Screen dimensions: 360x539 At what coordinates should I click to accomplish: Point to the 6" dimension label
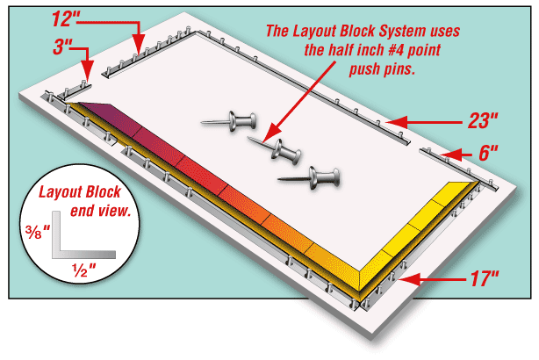tap(487, 151)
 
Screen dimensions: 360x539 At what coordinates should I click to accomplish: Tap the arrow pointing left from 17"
tap(430, 279)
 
